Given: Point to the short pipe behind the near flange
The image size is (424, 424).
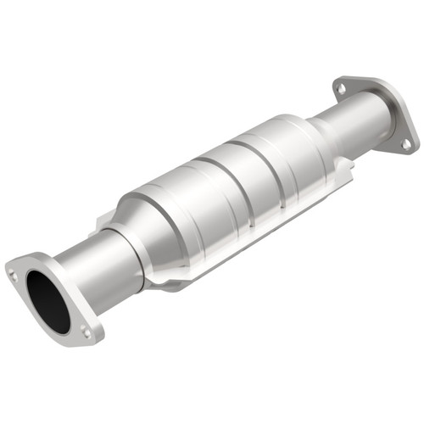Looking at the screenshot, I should click(x=98, y=263).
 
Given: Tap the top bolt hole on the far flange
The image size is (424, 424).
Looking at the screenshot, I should click(x=341, y=86).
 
